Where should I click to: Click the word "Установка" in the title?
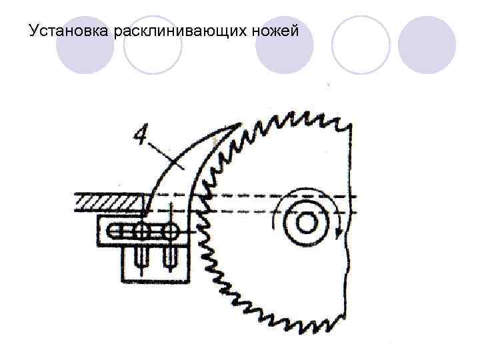tap(71, 31)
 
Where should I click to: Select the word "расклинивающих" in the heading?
tap(176, 31)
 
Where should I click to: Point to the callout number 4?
tap(141, 135)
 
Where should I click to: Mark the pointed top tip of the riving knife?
tap(238, 124)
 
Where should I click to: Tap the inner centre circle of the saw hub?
tap(307, 223)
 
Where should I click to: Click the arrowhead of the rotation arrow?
tap(341, 233)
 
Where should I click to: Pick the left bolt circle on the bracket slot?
tap(142, 232)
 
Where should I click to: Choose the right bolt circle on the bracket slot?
tap(170, 232)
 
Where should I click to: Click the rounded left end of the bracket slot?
tap(111, 232)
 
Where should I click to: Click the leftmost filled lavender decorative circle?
tap(84, 45)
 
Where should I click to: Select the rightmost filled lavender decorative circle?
tap(427, 45)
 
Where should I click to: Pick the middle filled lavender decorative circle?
tap(285, 45)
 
